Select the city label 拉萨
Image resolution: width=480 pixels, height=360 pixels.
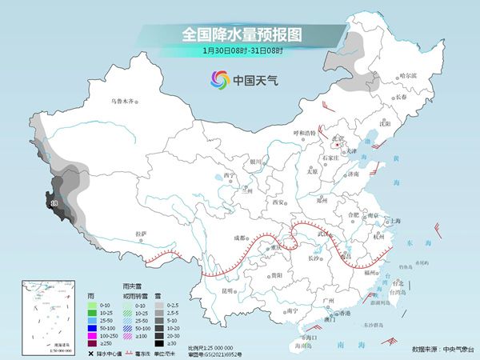point(142,233)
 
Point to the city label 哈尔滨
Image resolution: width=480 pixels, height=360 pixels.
point(408,76)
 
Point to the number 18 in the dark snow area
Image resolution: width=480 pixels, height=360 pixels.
point(54,205)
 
